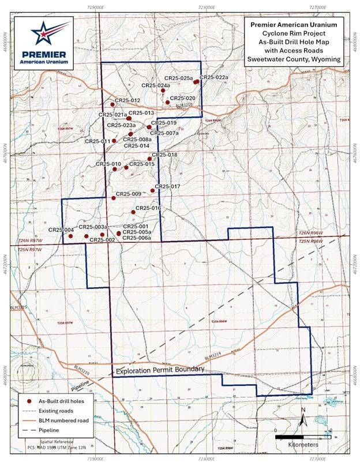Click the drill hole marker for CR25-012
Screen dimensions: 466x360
pyautogui.click(x=112, y=104)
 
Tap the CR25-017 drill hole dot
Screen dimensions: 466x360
pyautogui.click(x=152, y=190)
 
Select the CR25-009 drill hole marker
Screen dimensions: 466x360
pyautogui.click(x=114, y=198)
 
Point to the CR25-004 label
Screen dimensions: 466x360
pyautogui.click(x=61, y=231)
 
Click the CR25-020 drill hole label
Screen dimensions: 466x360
pyautogui.click(x=183, y=99)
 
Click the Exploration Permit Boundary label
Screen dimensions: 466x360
pyautogui.click(x=160, y=369)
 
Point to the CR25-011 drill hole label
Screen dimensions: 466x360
pyautogui.click(x=97, y=141)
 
